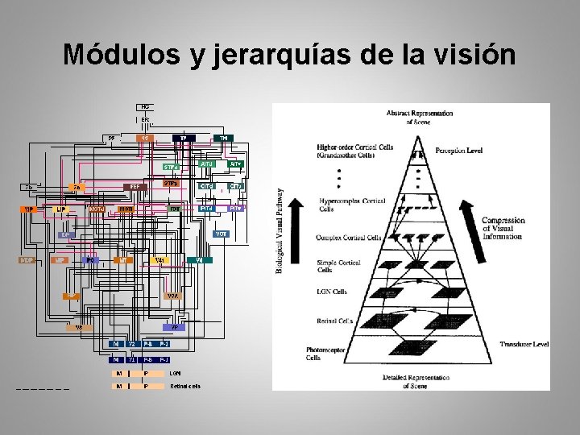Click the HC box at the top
point(145,106)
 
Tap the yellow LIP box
point(60,209)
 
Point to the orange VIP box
point(30,209)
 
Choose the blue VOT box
point(220,234)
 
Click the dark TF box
point(184,138)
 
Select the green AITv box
point(234,164)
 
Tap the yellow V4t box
point(159,260)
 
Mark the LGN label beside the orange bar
point(176,373)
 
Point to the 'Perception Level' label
point(458,151)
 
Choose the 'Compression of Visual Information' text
point(503,228)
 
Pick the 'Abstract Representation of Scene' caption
point(419,117)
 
